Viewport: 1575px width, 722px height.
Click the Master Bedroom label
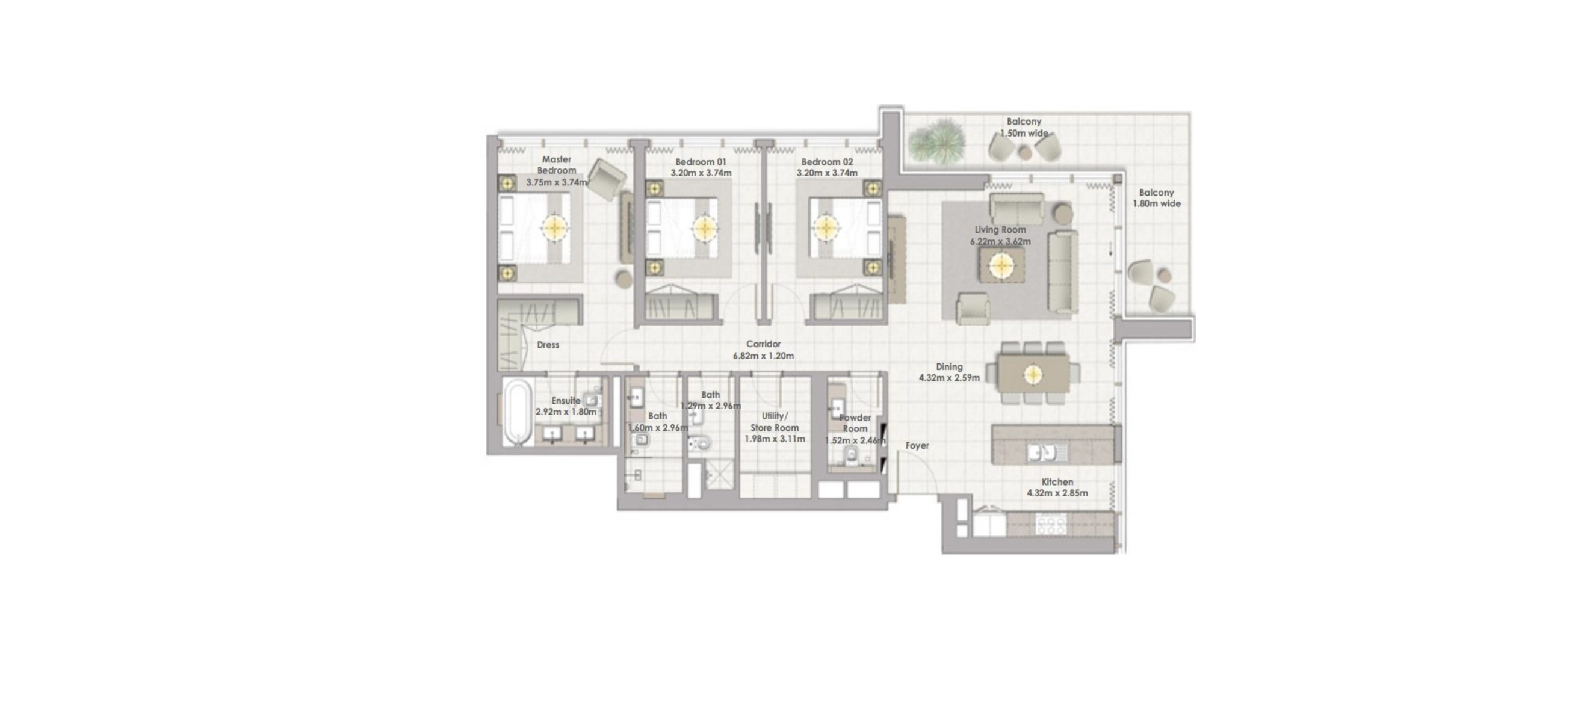pyautogui.click(x=556, y=165)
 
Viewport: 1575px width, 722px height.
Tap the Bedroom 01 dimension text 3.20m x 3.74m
pyautogui.click(x=701, y=173)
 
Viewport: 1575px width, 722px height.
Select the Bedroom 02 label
pyautogui.click(x=827, y=162)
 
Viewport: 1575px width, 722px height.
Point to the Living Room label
pyautogui.click(x=1000, y=230)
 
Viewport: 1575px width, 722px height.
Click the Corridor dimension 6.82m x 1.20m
pyautogui.click(x=763, y=356)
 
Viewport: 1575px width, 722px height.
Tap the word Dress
pyautogui.click(x=548, y=345)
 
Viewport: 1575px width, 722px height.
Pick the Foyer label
pyautogui.click(x=917, y=446)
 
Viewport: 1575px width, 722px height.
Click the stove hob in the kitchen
pyautogui.click(x=1051, y=525)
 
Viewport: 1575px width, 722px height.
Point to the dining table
pyautogui.click(x=1033, y=374)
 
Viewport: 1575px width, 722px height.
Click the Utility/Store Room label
pyautogui.click(x=774, y=422)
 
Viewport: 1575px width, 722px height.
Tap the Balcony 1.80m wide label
pyautogui.click(x=1156, y=198)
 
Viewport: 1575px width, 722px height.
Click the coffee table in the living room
pyautogui.click(x=1002, y=265)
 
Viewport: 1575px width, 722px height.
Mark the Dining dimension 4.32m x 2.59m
pyautogui.click(x=949, y=378)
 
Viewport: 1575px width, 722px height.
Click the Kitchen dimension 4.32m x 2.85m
pyautogui.click(x=1057, y=493)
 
